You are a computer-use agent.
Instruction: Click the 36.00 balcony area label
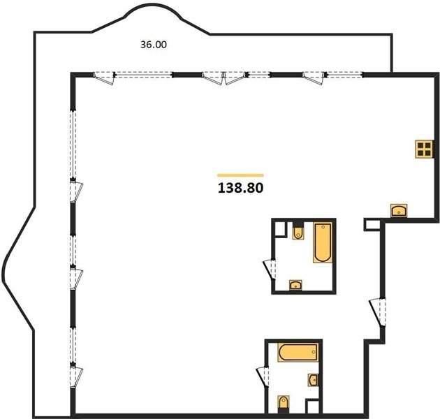coord(154,45)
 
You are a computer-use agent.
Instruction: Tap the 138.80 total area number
coord(240,188)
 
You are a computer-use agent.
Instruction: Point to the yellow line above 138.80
coord(240,175)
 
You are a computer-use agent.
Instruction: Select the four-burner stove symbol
coord(424,149)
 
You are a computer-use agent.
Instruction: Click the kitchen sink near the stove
coord(399,210)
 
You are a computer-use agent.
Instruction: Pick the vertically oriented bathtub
coord(323,242)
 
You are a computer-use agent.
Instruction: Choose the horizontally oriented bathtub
coord(298,352)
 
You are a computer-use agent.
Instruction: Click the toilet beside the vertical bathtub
coord(298,231)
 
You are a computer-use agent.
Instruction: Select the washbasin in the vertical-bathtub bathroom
coord(295,285)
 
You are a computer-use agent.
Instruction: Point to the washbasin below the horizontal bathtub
coord(313,380)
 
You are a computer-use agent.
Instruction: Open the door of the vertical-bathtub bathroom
coord(270,270)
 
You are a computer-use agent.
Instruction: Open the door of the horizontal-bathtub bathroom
coord(263,377)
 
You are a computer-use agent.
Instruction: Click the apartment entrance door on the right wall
coord(377,312)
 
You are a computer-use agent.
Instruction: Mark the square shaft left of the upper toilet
coord(280,229)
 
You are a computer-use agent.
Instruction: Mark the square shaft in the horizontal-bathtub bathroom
coord(312,406)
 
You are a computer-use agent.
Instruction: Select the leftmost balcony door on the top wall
coord(104,78)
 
